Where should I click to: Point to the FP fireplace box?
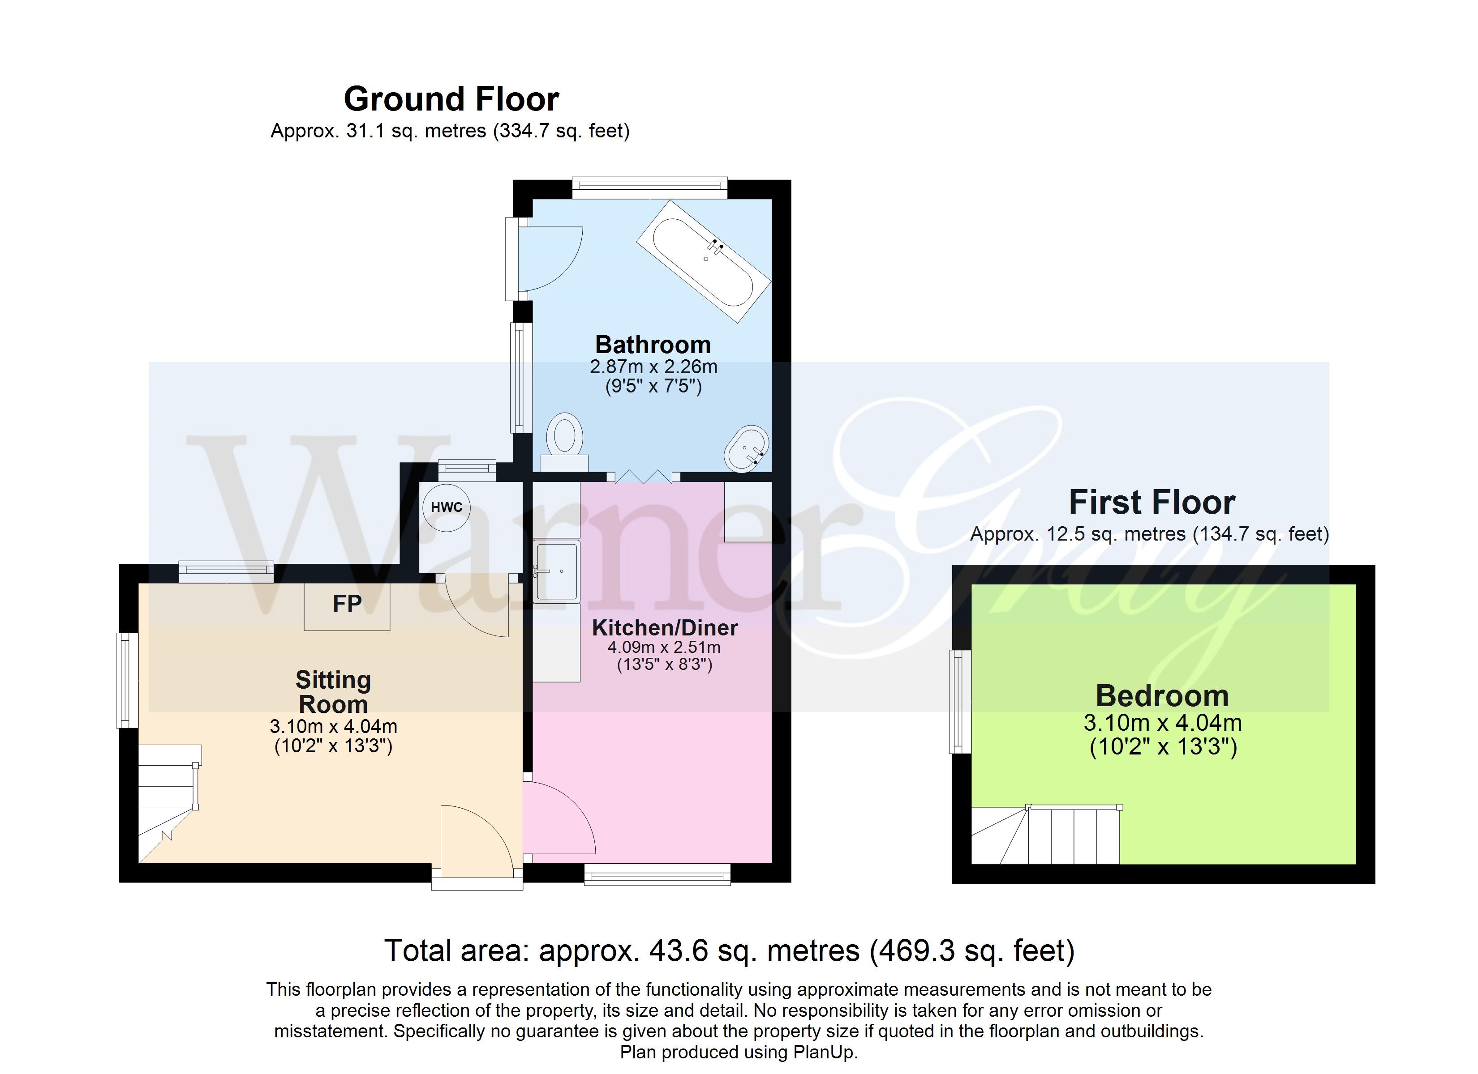tap(348, 606)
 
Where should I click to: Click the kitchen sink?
tap(556, 571)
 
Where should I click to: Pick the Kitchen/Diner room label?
tap(665, 628)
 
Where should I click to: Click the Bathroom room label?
tap(653, 345)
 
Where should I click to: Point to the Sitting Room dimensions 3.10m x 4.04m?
tap(334, 726)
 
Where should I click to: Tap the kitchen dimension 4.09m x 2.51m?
tap(664, 648)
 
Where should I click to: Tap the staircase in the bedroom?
tap(1046, 835)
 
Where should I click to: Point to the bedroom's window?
tap(960, 701)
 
